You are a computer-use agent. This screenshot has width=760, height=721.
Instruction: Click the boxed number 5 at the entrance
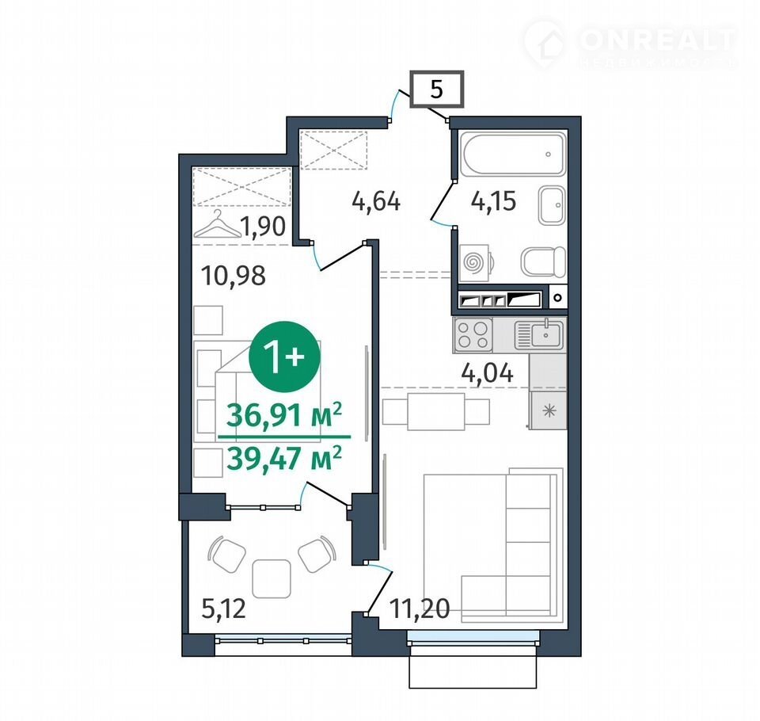click(437, 89)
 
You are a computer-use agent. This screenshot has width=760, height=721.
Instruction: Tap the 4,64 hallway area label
click(376, 201)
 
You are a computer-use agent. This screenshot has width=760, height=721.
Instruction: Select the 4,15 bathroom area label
click(493, 201)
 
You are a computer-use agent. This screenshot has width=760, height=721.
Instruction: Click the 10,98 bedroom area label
click(233, 276)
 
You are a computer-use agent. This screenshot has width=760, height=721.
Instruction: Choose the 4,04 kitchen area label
click(487, 373)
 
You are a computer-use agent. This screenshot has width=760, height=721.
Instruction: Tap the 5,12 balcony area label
click(223, 609)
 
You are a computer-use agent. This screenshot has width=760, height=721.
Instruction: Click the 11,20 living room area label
click(420, 608)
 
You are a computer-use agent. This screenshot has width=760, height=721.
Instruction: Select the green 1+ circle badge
click(284, 357)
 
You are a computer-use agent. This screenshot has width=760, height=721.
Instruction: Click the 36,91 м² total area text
click(284, 414)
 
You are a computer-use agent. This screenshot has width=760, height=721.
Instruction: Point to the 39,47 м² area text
click(284, 458)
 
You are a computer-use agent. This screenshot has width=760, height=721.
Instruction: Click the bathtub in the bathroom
click(513, 154)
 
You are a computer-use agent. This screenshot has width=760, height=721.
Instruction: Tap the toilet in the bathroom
click(543, 261)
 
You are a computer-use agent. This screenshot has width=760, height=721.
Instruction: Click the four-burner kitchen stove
click(473, 335)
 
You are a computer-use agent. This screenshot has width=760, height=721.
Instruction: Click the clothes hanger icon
click(218, 225)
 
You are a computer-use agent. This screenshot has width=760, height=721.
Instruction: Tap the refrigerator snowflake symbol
click(549, 411)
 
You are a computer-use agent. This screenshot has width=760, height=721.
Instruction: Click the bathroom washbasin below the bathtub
click(552, 205)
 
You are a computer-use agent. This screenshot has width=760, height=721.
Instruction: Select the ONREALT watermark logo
click(630, 44)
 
